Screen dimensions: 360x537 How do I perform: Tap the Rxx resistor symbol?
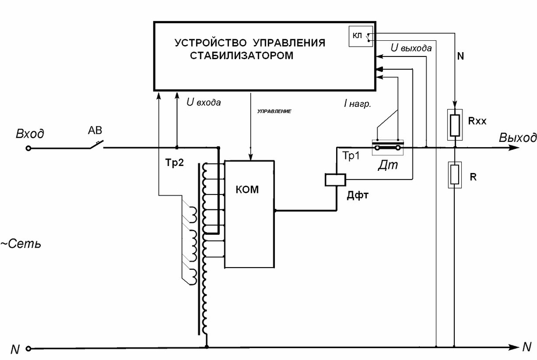pyautogui.click(x=455, y=125)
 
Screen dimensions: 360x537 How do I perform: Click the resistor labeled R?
pyautogui.click(x=455, y=175)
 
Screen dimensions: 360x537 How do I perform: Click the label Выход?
pyautogui.click(x=517, y=137)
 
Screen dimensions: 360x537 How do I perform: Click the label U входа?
pyautogui.click(x=203, y=102)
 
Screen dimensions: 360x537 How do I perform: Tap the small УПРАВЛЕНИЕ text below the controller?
pyautogui.click(x=274, y=111)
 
